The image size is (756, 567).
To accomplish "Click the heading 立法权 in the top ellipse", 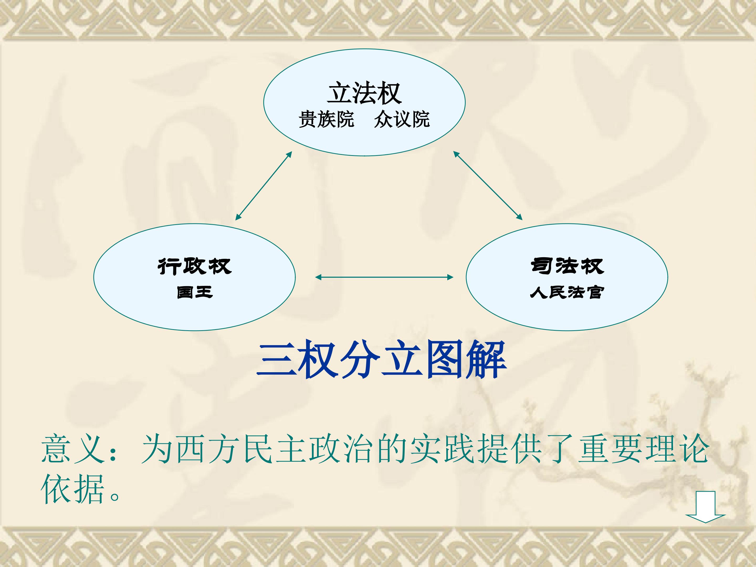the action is pos(364,93).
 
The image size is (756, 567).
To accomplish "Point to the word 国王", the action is pos(195,293).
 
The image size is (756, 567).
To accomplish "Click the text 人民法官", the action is pos(567,293).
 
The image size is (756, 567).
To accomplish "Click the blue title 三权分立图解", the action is pos(381,360).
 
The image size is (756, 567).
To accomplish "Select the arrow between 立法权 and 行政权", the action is pos(264,186).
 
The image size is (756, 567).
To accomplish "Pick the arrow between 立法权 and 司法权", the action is pos(488,185).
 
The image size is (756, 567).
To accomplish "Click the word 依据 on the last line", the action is pos(72,489).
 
